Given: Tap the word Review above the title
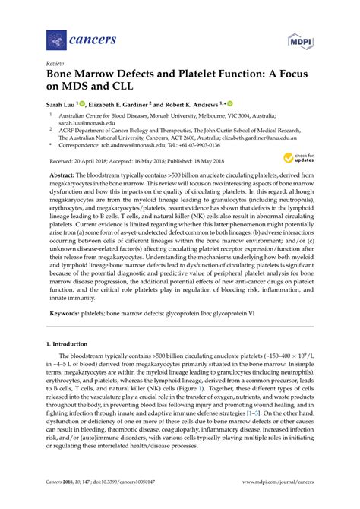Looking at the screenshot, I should coord(55,64).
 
